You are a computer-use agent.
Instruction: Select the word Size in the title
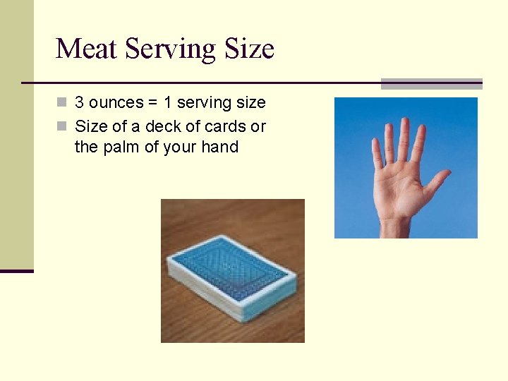(x=249, y=49)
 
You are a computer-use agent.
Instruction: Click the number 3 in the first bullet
(x=80, y=103)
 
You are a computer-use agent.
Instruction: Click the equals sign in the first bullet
(x=152, y=103)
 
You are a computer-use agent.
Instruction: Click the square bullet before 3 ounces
(x=62, y=103)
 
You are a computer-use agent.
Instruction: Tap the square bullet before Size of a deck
(x=62, y=127)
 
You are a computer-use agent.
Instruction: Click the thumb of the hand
(x=438, y=181)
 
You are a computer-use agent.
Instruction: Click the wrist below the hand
(x=395, y=227)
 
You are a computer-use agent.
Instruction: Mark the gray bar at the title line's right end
(x=431, y=84)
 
